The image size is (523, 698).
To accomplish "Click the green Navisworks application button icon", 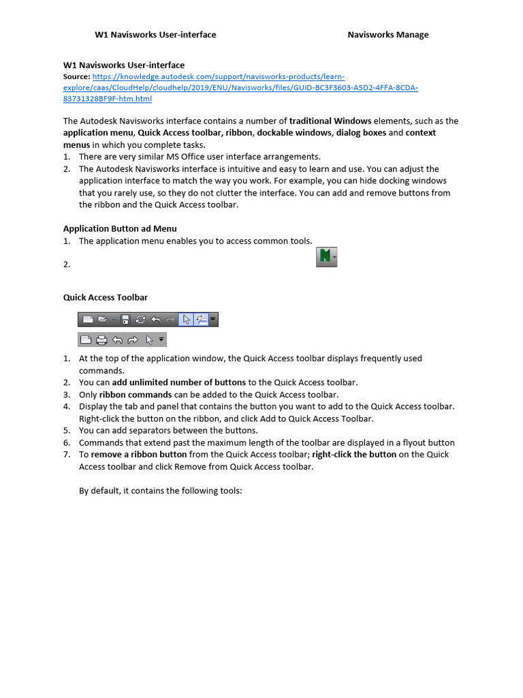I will click(326, 258).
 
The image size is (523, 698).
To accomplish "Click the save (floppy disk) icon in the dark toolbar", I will click(125, 319).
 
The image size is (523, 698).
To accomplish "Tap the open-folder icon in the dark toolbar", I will click(102, 319).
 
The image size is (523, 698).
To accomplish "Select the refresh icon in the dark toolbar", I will click(140, 319).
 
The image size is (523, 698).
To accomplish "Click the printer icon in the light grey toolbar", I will click(101, 339).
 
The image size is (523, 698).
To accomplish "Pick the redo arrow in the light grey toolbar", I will click(133, 339).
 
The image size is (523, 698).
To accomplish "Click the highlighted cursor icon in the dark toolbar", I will click(187, 319).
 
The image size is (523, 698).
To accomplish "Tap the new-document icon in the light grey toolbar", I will click(86, 339).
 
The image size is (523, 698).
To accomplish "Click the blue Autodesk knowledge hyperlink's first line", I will click(213, 77).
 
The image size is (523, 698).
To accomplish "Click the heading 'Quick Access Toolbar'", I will click(105, 297).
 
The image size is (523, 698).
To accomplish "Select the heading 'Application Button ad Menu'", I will click(120, 228).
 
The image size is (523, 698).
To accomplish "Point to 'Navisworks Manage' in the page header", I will click(388, 35).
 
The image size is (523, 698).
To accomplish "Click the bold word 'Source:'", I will click(76, 77).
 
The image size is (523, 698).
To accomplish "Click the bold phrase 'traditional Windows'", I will click(330, 121).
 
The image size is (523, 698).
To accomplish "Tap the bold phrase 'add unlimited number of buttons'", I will click(178, 382).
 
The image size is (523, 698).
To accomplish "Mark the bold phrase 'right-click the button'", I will click(354, 455).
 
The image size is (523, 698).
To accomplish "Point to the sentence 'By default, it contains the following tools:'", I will click(161, 491).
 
